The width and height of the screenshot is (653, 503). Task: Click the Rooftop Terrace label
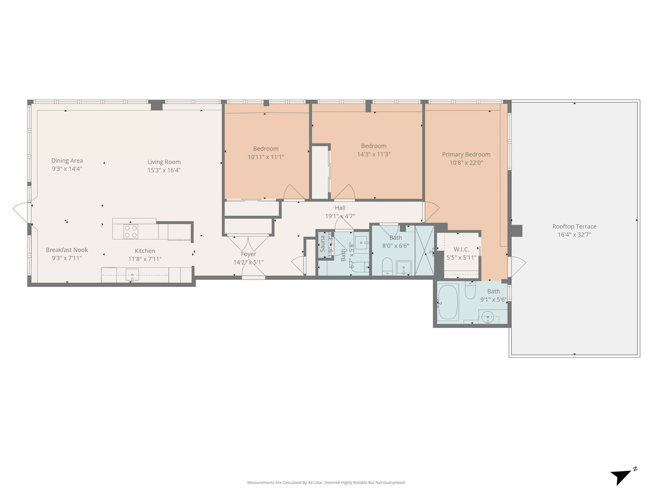(574, 226)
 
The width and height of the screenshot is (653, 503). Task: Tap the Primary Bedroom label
(466, 155)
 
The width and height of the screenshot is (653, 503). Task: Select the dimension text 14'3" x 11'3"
(373, 154)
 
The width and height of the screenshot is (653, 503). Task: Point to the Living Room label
(164, 162)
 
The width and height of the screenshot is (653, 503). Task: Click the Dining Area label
(67, 161)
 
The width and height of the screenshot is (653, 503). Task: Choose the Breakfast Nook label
(67, 250)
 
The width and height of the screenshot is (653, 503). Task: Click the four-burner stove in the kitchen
(131, 231)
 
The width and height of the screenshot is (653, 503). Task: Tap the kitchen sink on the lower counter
(132, 275)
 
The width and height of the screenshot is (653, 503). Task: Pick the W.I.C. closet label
(461, 250)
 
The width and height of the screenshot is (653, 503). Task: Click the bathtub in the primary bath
(448, 302)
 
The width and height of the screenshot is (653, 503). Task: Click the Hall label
(340, 208)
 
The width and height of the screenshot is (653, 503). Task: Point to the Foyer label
(248, 254)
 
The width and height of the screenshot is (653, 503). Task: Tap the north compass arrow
(622, 476)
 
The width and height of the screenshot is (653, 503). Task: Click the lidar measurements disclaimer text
(326, 483)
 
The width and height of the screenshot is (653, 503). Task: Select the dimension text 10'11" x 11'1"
(266, 157)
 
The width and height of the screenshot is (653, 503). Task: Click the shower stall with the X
(424, 250)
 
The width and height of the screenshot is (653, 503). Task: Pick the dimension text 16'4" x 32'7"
(574, 235)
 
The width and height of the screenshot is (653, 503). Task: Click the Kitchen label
(145, 251)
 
